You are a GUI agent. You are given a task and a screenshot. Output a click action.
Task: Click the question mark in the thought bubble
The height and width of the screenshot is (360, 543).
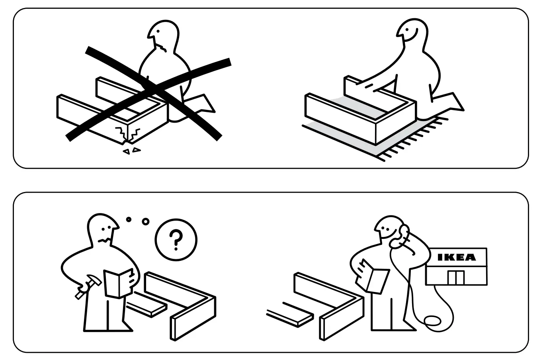coord(176,239)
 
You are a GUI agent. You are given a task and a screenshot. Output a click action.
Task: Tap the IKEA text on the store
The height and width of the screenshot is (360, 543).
coord(456,257)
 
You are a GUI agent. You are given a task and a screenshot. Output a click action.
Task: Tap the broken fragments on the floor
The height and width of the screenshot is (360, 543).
coord(131,151)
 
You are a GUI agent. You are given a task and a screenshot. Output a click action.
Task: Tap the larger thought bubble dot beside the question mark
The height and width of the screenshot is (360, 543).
coord(145,221)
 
